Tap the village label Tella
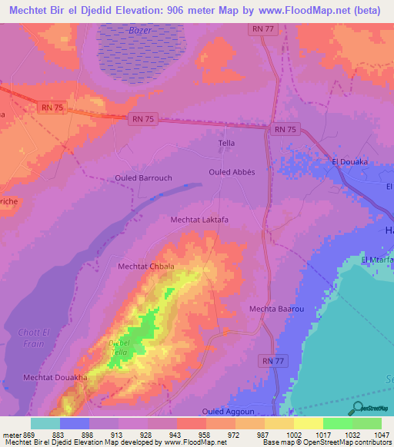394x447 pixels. (x=226, y=144)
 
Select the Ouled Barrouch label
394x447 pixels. (x=143, y=177)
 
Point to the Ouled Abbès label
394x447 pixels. (x=232, y=172)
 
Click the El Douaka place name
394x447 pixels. (x=350, y=162)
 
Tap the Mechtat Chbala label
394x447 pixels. (x=145, y=267)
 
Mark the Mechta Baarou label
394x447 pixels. (x=272, y=310)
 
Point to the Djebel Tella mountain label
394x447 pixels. (x=119, y=346)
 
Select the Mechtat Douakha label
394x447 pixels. (x=55, y=378)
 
